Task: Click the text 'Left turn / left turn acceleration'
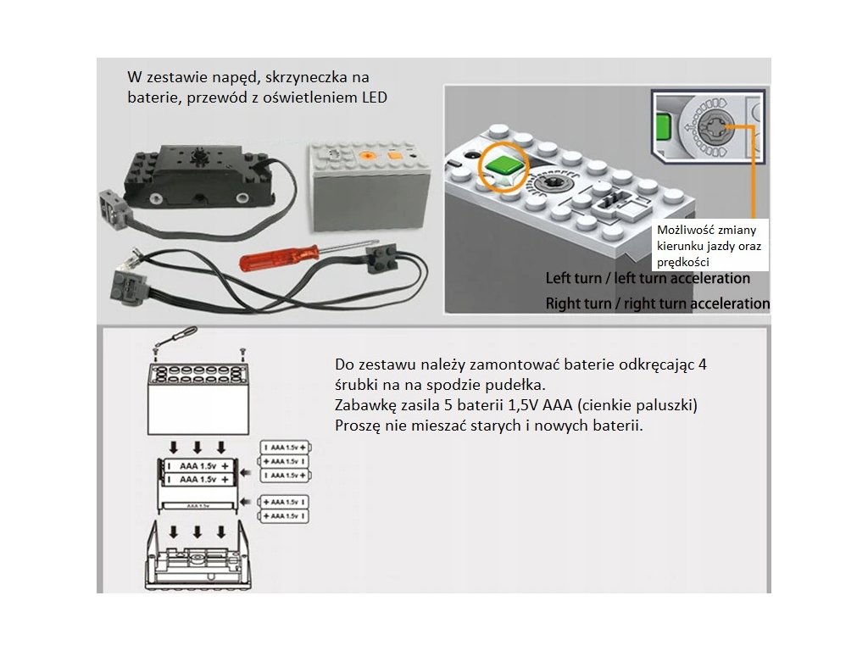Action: (x=648, y=278)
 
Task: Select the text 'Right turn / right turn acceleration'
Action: (x=657, y=303)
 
